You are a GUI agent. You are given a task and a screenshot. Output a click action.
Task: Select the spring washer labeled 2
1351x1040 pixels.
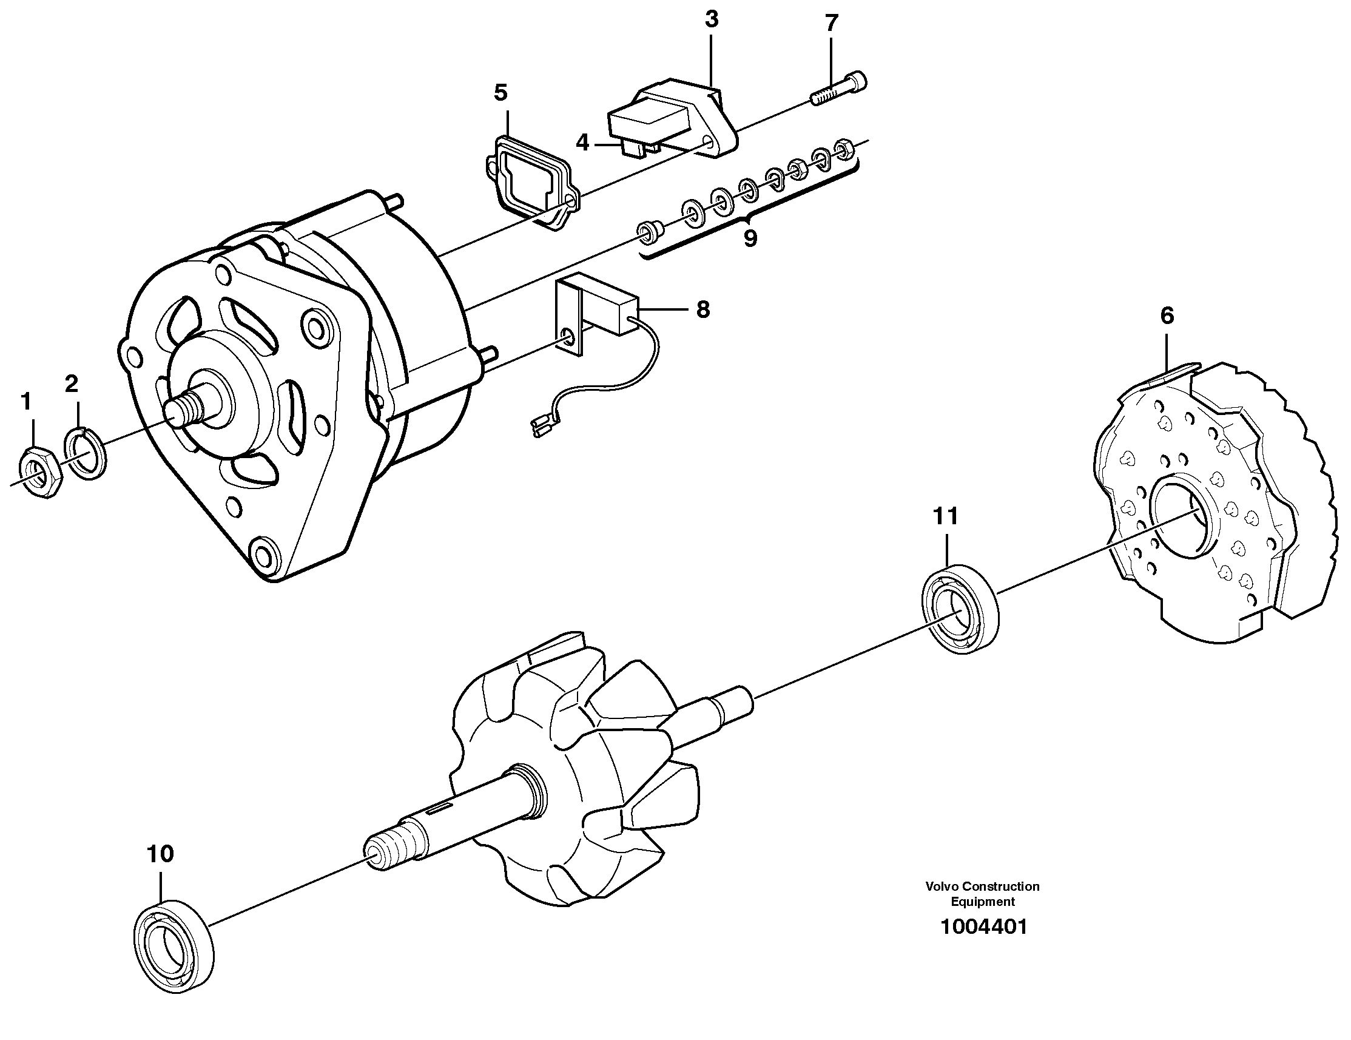(86, 452)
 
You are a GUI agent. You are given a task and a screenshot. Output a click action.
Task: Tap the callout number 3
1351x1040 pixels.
(712, 20)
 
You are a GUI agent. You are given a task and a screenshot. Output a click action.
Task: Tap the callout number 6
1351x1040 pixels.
(1167, 316)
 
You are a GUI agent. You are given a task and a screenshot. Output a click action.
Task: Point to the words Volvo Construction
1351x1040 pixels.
(982, 886)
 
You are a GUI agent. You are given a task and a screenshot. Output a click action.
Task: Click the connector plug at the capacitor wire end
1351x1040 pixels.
(540, 427)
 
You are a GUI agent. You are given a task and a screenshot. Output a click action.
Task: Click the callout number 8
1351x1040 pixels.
(702, 309)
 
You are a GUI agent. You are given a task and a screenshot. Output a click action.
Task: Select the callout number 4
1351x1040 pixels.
(582, 144)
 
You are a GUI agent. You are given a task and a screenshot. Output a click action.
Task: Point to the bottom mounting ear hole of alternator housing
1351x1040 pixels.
(264, 553)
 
